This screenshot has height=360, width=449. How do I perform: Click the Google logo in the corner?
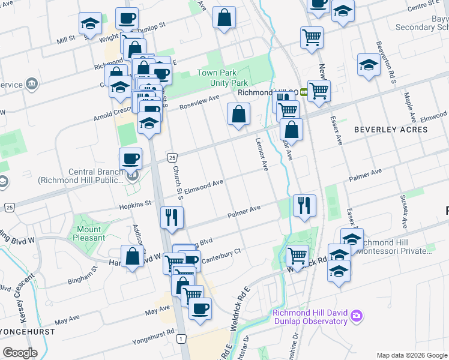coord(20,353)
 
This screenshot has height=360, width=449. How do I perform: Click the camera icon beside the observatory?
coord(357,316)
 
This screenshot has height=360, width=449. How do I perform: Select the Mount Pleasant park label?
coord(89,233)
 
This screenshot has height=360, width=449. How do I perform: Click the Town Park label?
coord(214,73)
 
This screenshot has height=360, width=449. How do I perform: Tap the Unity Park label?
coord(231,82)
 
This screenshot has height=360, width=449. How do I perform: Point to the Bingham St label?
coord(83,278)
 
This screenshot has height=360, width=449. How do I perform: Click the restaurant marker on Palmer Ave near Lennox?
coord(305,205)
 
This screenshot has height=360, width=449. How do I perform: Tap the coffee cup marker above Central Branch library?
coord(130,159)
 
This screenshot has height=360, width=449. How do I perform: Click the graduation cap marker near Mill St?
coord(90,23)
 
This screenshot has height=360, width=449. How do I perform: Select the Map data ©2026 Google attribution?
coord(411,355)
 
